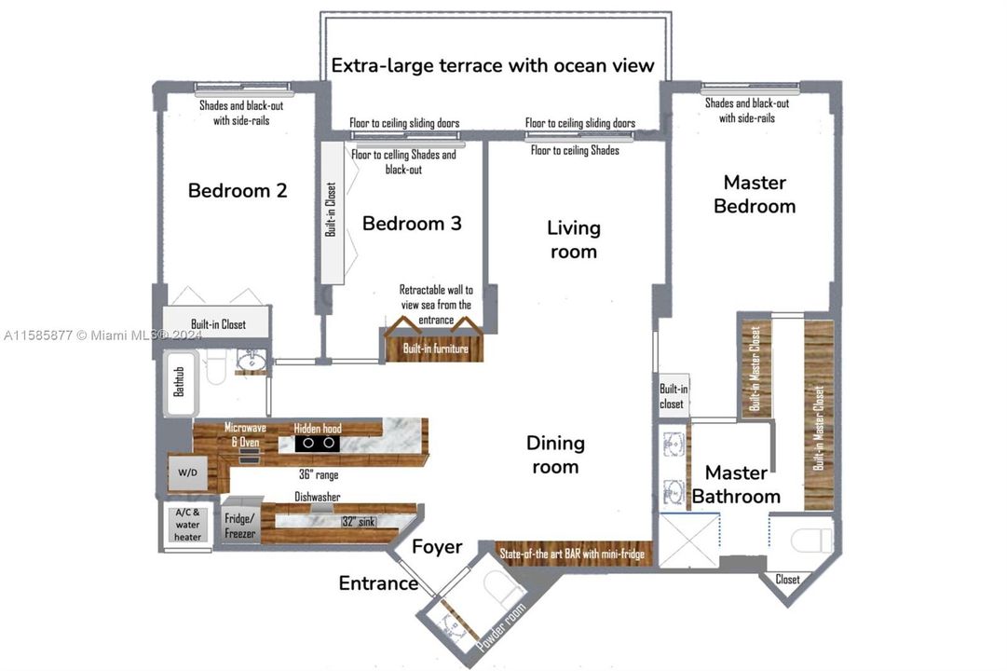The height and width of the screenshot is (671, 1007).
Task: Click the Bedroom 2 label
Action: point(238,190)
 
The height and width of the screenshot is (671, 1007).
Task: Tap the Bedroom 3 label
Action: point(412,223)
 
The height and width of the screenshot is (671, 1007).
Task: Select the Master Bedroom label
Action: point(755,194)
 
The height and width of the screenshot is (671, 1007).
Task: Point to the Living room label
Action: point(574,240)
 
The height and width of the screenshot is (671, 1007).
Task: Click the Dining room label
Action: point(555,455)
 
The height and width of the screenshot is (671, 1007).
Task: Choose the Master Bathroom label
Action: point(736,485)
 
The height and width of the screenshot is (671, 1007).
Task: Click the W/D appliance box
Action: point(187,472)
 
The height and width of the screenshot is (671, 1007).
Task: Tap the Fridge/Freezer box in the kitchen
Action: point(240,525)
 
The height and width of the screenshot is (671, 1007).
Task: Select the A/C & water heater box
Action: point(187,525)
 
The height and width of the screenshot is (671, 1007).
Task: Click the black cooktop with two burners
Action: point(318,443)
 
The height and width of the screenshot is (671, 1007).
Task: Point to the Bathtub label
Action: point(179,382)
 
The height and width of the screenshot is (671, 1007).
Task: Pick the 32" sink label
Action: point(359,521)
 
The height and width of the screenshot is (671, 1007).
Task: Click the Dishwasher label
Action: point(318,497)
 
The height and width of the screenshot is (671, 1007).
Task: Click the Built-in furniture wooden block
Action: point(435,349)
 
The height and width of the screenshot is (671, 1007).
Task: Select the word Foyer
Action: point(437,546)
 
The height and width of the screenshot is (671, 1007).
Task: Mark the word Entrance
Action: point(378,583)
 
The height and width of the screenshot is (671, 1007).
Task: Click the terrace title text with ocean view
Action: point(493,65)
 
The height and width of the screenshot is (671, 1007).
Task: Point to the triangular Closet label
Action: point(787,579)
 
